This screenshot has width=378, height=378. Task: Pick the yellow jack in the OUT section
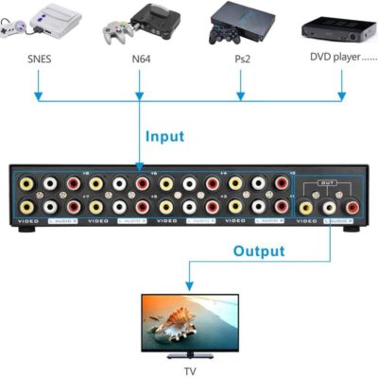click(306, 199)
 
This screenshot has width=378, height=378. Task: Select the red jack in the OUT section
click(352, 199)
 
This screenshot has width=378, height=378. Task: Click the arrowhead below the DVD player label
click(342, 96)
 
